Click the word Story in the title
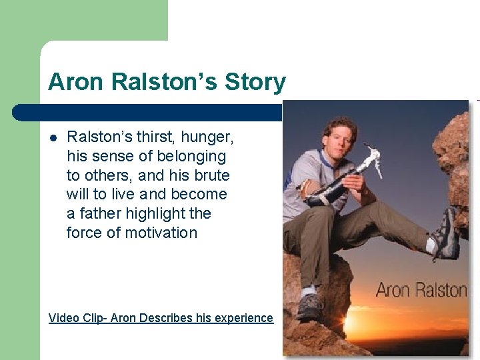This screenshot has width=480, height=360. pyautogui.click(x=255, y=83)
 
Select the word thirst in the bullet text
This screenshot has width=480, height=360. pyautogui.click(x=151, y=137)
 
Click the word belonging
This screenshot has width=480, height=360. pyautogui.click(x=191, y=157)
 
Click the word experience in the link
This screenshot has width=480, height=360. pyautogui.click(x=243, y=318)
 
